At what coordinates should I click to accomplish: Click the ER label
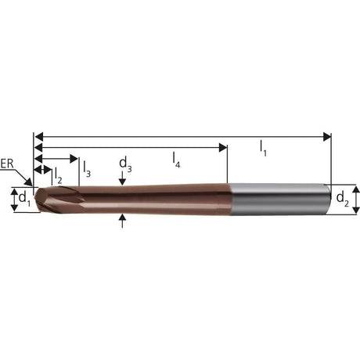point(7,164)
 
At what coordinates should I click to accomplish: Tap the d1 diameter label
point(25,200)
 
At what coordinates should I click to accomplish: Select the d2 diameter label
point(343,199)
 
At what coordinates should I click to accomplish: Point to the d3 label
point(125,165)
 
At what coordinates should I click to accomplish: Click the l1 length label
point(263,148)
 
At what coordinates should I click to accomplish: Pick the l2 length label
point(58,175)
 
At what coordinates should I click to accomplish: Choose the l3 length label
point(87,169)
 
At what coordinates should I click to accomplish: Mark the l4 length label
point(177,160)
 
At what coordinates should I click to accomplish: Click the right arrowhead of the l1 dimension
point(327,137)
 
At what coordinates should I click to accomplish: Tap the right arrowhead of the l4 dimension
point(223,148)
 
